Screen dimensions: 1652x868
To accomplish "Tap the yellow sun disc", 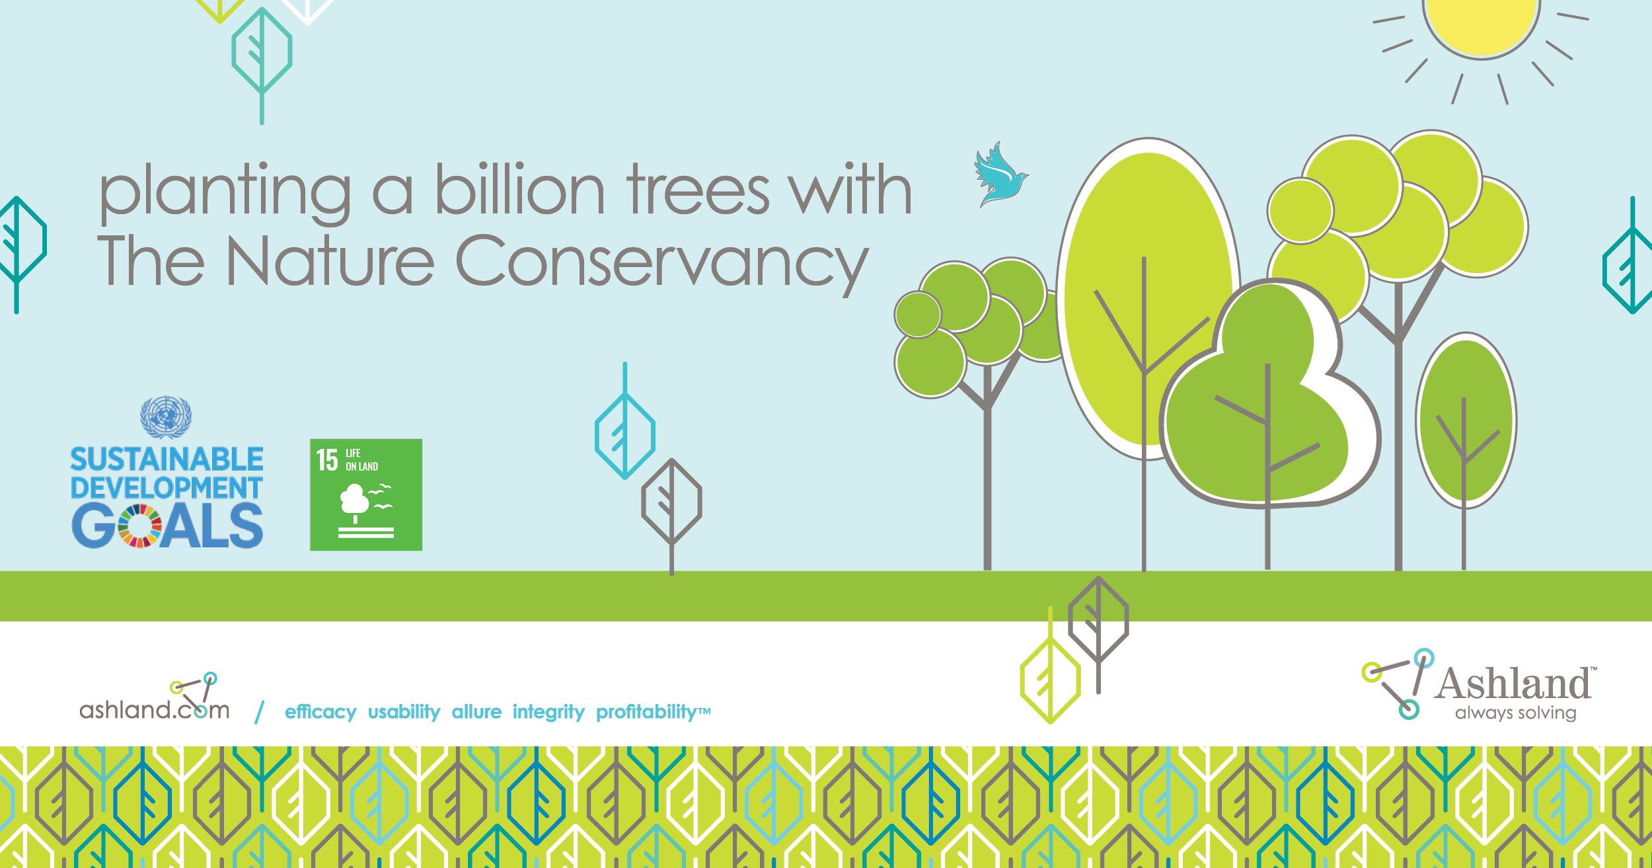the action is (1482, 23).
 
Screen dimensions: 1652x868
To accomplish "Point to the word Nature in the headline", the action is (330, 261).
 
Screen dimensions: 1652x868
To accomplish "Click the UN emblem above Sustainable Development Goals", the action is (166, 417).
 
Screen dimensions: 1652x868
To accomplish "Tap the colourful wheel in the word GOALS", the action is (140, 526).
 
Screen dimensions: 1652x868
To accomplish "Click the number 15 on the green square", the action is (327, 460).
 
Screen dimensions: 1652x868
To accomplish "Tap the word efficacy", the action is (320, 712).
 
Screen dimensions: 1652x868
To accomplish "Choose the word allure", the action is (476, 712).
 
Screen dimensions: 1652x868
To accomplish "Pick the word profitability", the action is (646, 712).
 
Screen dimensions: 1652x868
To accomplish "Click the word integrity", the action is (548, 712).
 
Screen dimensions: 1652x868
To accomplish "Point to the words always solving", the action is (1516, 713).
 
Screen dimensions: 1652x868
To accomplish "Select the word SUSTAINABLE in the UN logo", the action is (167, 459).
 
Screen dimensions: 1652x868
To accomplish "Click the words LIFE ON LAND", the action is (361, 459).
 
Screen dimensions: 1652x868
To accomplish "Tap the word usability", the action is (404, 712).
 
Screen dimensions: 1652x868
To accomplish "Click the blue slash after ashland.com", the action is (260, 713).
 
